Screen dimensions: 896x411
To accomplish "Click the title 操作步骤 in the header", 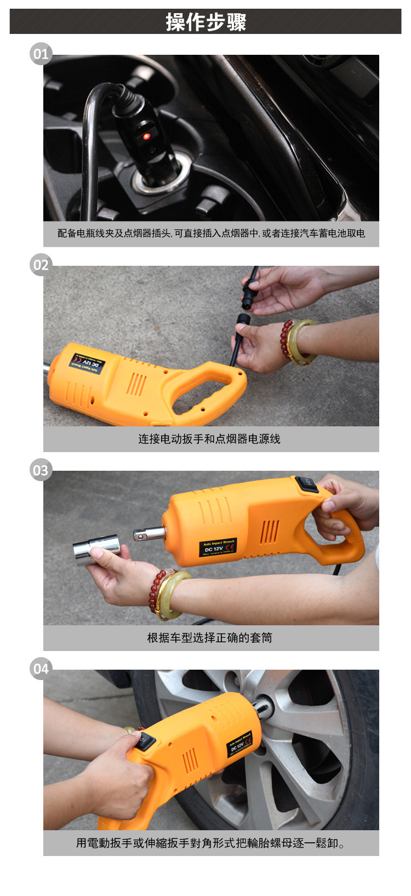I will click(206, 22).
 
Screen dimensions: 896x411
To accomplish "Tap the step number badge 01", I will click(41, 54).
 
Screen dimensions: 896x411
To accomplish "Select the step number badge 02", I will click(41, 265).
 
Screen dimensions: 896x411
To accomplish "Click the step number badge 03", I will click(41, 471).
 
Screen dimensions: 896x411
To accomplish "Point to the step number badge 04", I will click(41, 669).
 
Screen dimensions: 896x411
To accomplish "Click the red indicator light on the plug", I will click(146, 136).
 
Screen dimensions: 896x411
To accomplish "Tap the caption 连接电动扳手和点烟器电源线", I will click(210, 439).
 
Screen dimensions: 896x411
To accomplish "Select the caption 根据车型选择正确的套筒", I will click(210, 638).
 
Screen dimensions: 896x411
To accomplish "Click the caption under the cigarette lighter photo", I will click(211, 233).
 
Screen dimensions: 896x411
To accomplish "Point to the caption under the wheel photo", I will click(211, 843).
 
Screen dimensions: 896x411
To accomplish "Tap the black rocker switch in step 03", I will click(307, 484).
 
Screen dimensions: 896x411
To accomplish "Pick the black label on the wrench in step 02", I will click(87, 364).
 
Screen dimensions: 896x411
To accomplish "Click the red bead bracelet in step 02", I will click(286, 340).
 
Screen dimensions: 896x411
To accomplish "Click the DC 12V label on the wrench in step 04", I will click(240, 744).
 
